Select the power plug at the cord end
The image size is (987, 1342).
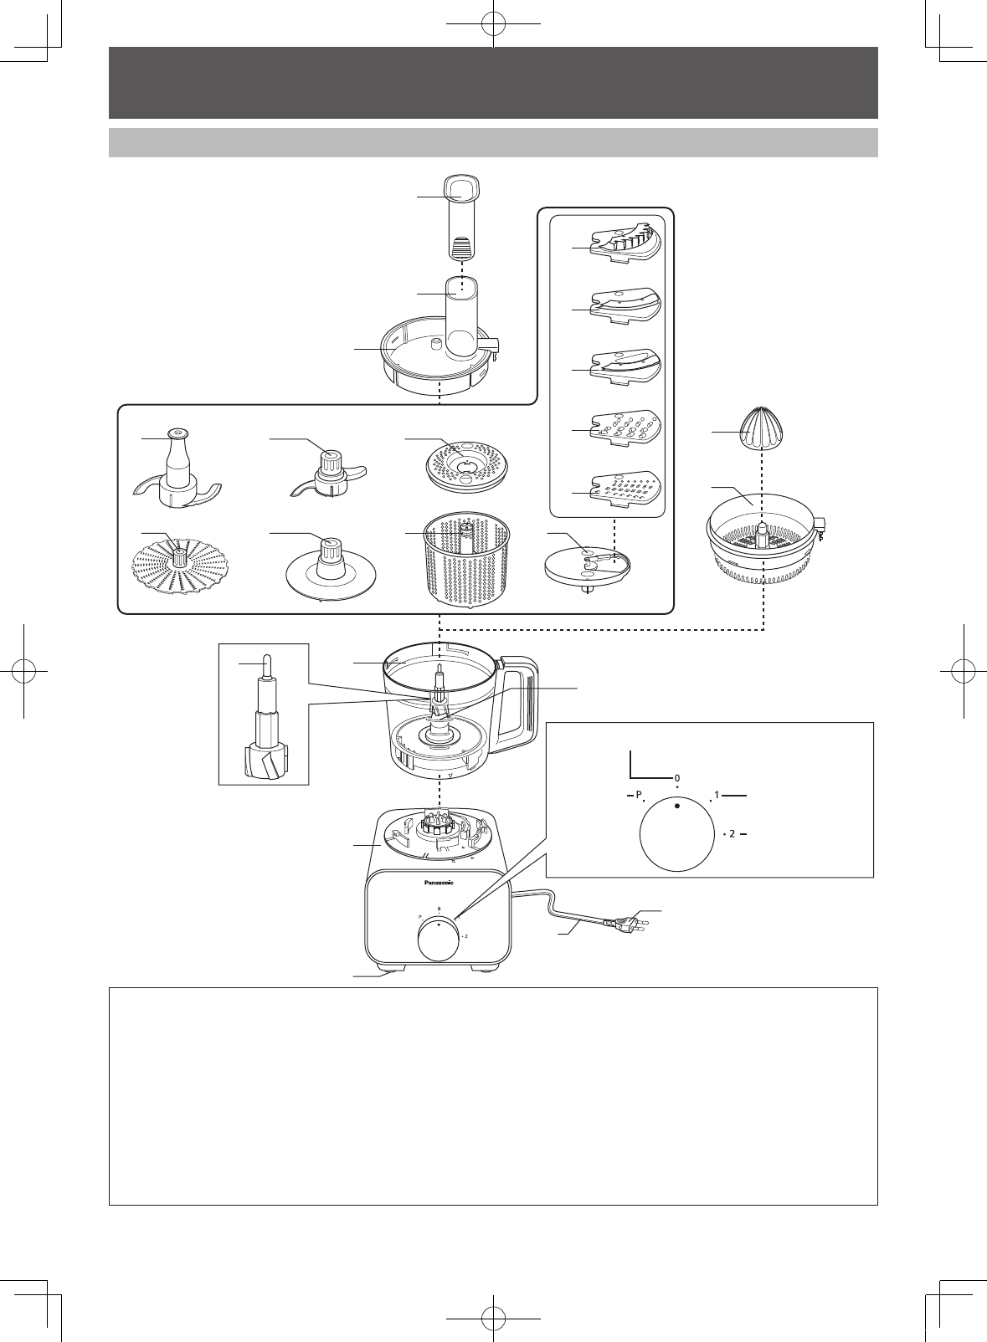pyautogui.click(x=628, y=925)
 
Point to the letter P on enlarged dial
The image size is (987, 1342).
pyautogui.click(x=637, y=794)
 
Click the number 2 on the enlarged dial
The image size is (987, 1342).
pyautogui.click(x=732, y=834)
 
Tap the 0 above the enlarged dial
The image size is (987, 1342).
pyautogui.click(x=676, y=778)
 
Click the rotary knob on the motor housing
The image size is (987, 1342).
pyautogui.click(x=439, y=939)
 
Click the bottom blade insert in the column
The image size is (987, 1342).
pyautogui.click(x=626, y=488)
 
